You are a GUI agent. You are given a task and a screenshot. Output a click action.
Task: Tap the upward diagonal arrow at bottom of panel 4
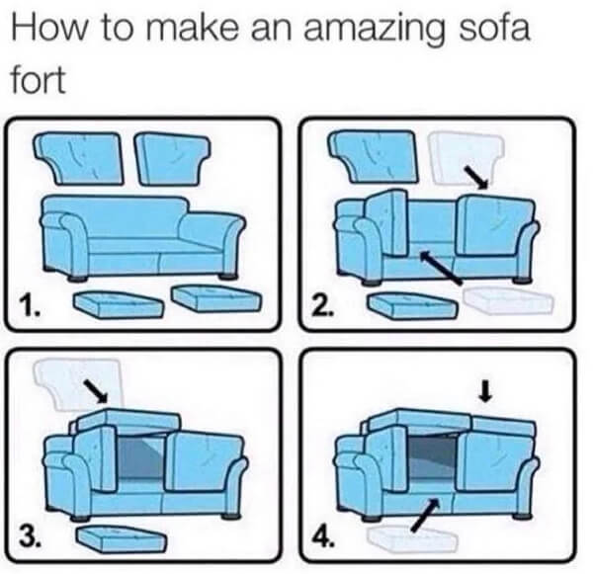point(422,516)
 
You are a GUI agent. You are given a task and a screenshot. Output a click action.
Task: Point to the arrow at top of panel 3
point(96,390)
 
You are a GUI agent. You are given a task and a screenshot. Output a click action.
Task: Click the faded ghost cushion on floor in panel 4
point(410,537)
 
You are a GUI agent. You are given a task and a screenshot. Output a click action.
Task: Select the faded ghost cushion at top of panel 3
point(74,382)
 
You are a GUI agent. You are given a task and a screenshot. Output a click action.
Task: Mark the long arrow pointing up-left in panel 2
point(442,268)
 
